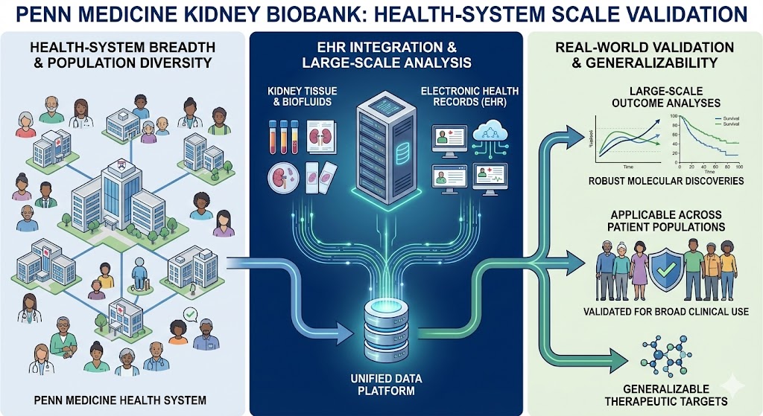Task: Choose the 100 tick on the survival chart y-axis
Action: (674, 118)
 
